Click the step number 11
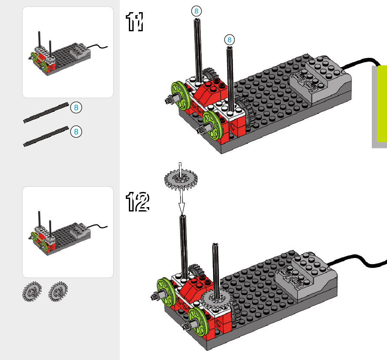(134, 22)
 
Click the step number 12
(138, 202)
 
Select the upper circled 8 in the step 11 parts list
(76, 107)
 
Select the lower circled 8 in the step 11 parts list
(76, 131)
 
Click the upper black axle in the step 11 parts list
(46, 112)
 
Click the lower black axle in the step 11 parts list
(46, 136)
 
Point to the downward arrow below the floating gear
(182, 204)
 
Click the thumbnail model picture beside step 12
(68, 232)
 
